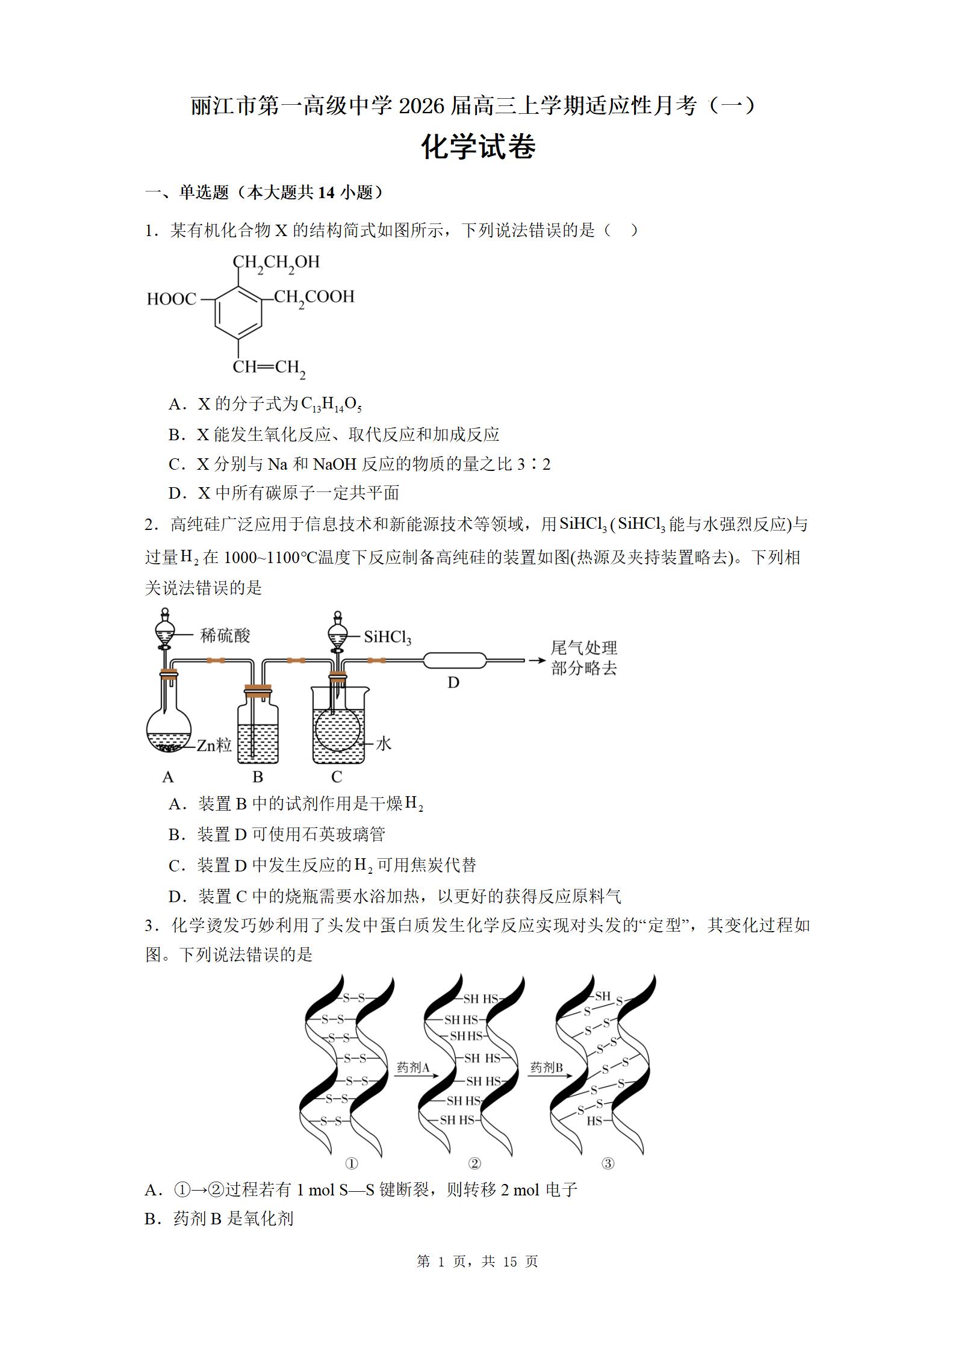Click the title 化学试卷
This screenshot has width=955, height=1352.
pyautogui.click(x=478, y=148)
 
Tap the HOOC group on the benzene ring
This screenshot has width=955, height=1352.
pyautogui.click(x=172, y=299)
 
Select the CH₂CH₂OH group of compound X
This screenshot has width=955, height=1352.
pyautogui.click(x=276, y=263)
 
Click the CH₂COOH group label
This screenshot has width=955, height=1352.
pyautogui.click(x=314, y=298)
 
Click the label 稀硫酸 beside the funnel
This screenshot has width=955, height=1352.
pyautogui.click(x=225, y=635)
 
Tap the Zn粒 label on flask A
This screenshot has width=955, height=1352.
pyautogui.click(x=214, y=745)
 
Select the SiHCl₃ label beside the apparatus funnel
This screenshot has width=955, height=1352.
pyautogui.click(x=387, y=638)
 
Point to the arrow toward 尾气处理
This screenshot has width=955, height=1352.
pyautogui.click(x=537, y=661)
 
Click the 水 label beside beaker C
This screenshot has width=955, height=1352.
pyautogui.click(x=384, y=744)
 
